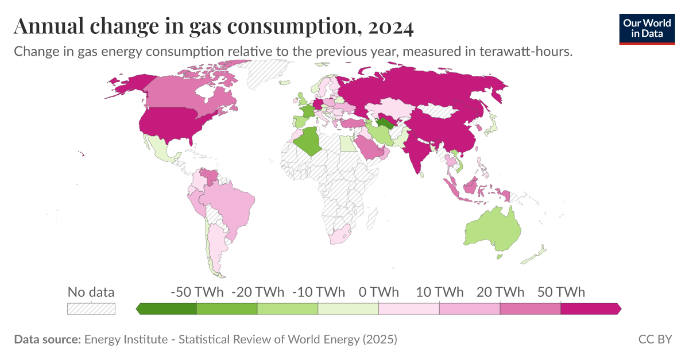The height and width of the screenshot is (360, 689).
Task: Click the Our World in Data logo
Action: (647, 28)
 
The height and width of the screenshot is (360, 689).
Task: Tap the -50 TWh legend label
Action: (197, 292)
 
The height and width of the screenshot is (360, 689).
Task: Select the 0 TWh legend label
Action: (378, 292)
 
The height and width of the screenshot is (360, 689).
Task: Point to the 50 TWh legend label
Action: (561, 292)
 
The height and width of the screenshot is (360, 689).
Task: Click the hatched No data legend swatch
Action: (91, 308)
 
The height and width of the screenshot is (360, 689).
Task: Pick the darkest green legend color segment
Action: (168, 309)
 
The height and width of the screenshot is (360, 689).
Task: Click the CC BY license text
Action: (655, 339)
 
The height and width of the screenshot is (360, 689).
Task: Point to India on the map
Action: (418, 152)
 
